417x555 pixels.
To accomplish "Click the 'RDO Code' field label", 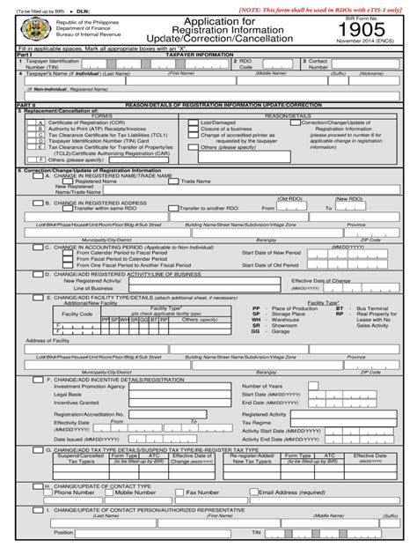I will pyautogui.click(x=245, y=64).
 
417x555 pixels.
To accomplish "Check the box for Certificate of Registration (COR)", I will pyautogui.click(x=40, y=122).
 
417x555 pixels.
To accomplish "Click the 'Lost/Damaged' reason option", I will pyautogui.click(x=217, y=122).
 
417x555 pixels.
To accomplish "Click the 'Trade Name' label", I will pyautogui.click(x=195, y=181).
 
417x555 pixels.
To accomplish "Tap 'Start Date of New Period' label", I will pyautogui.click(x=270, y=252).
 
